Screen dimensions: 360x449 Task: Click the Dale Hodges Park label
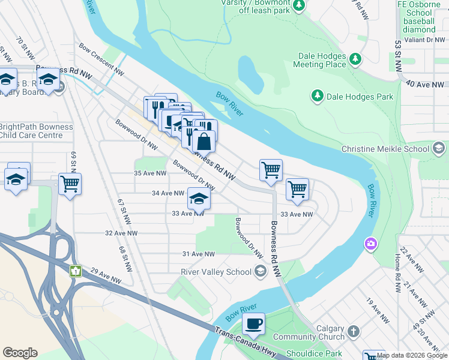(x=359, y=97)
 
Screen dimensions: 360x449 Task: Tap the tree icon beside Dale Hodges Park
(x=316, y=96)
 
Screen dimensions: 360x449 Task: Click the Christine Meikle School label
(x=385, y=149)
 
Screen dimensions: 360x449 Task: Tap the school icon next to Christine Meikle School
(x=438, y=148)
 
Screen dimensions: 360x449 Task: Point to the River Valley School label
(x=216, y=272)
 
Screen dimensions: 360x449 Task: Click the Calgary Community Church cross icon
(x=354, y=331)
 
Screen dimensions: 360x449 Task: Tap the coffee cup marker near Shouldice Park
(x=253, y=324)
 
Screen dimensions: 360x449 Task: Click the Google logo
(x=20, y=353)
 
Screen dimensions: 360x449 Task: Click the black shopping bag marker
(x=203, y=142)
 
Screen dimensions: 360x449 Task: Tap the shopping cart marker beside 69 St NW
(x=70, y=184)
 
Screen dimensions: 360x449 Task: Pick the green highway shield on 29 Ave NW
(x=75, y=271)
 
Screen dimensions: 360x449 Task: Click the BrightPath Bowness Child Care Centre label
(x=36, y=131)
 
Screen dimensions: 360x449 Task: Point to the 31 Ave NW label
(x=199, y=254)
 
